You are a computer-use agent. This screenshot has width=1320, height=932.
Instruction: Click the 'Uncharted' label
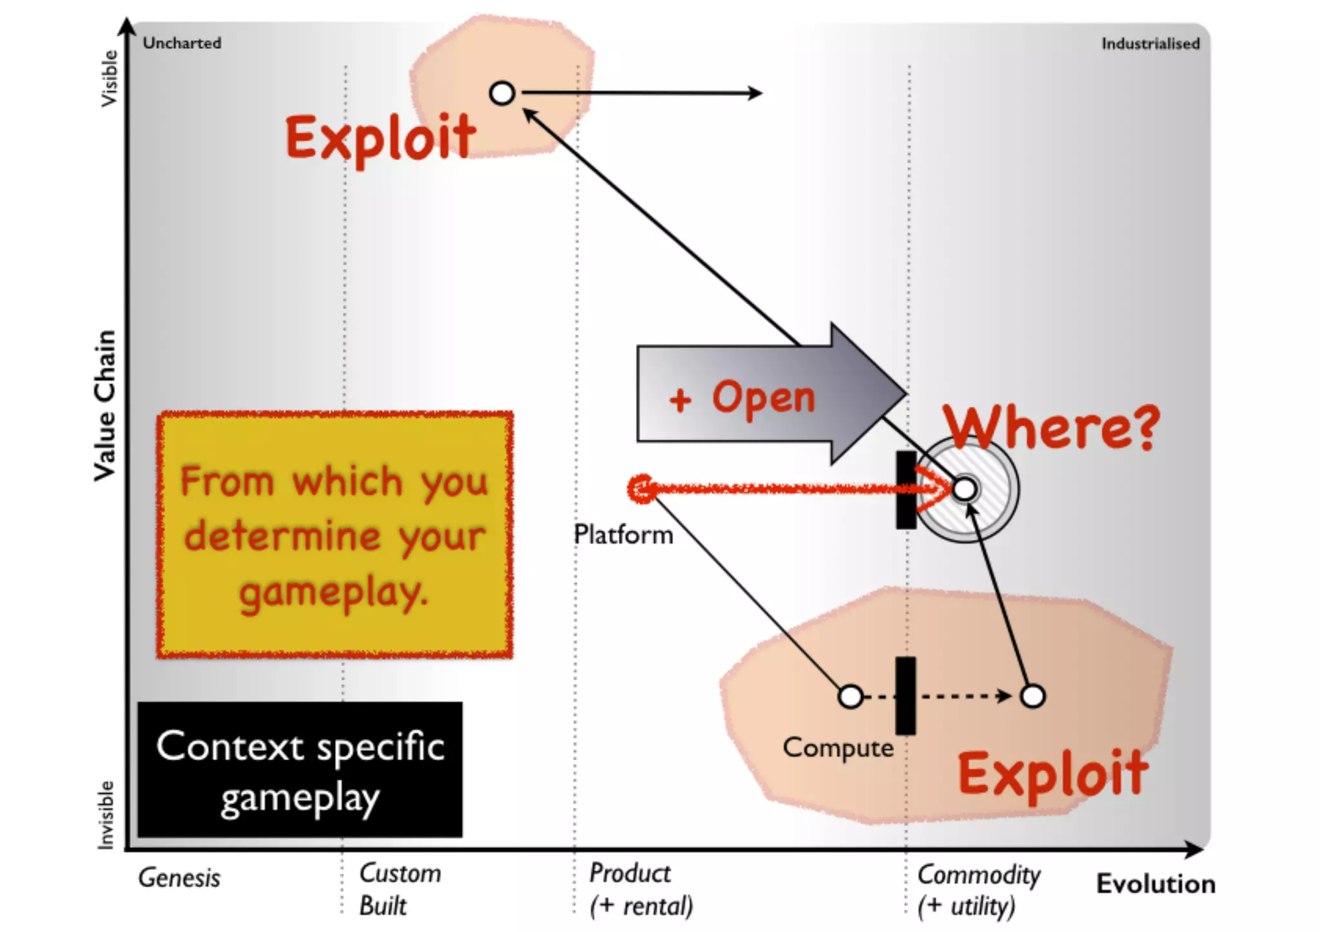coord(182,43)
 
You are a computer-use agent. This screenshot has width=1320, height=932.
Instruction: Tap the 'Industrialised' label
coord(1150,44)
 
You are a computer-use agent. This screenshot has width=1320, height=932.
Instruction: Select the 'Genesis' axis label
coord(179,878)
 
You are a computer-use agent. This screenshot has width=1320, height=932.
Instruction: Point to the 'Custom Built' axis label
coord(400,889)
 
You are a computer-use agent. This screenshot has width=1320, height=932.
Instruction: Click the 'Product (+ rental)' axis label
coord(641,889)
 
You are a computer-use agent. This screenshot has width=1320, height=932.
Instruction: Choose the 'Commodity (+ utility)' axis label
coord(978,890)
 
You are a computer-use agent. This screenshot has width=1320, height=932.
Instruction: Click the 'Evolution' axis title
coord(1156,884)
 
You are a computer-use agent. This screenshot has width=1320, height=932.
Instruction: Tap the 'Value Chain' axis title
coord(105,406)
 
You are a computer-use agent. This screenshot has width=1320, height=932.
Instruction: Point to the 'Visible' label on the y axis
coord(110,79)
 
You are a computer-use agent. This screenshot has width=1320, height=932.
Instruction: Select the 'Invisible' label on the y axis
coord(106,815)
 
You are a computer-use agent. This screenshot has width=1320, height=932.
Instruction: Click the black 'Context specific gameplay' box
coord(300,770)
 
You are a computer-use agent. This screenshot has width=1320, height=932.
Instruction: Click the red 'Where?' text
coord(1051,426)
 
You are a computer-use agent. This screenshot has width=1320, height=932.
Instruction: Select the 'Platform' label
coord(623,535)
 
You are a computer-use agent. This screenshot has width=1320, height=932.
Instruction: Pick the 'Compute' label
coord(838,748)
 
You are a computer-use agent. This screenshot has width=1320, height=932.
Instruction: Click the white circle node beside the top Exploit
coord(502,93)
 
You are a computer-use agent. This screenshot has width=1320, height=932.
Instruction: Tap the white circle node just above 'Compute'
coord(851,696)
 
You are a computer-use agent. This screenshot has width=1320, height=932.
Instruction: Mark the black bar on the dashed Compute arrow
coord(906,696)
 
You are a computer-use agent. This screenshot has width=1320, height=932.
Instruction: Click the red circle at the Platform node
coord(641,489)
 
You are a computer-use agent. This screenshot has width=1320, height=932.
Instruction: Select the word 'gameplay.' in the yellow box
coord(334,593)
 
